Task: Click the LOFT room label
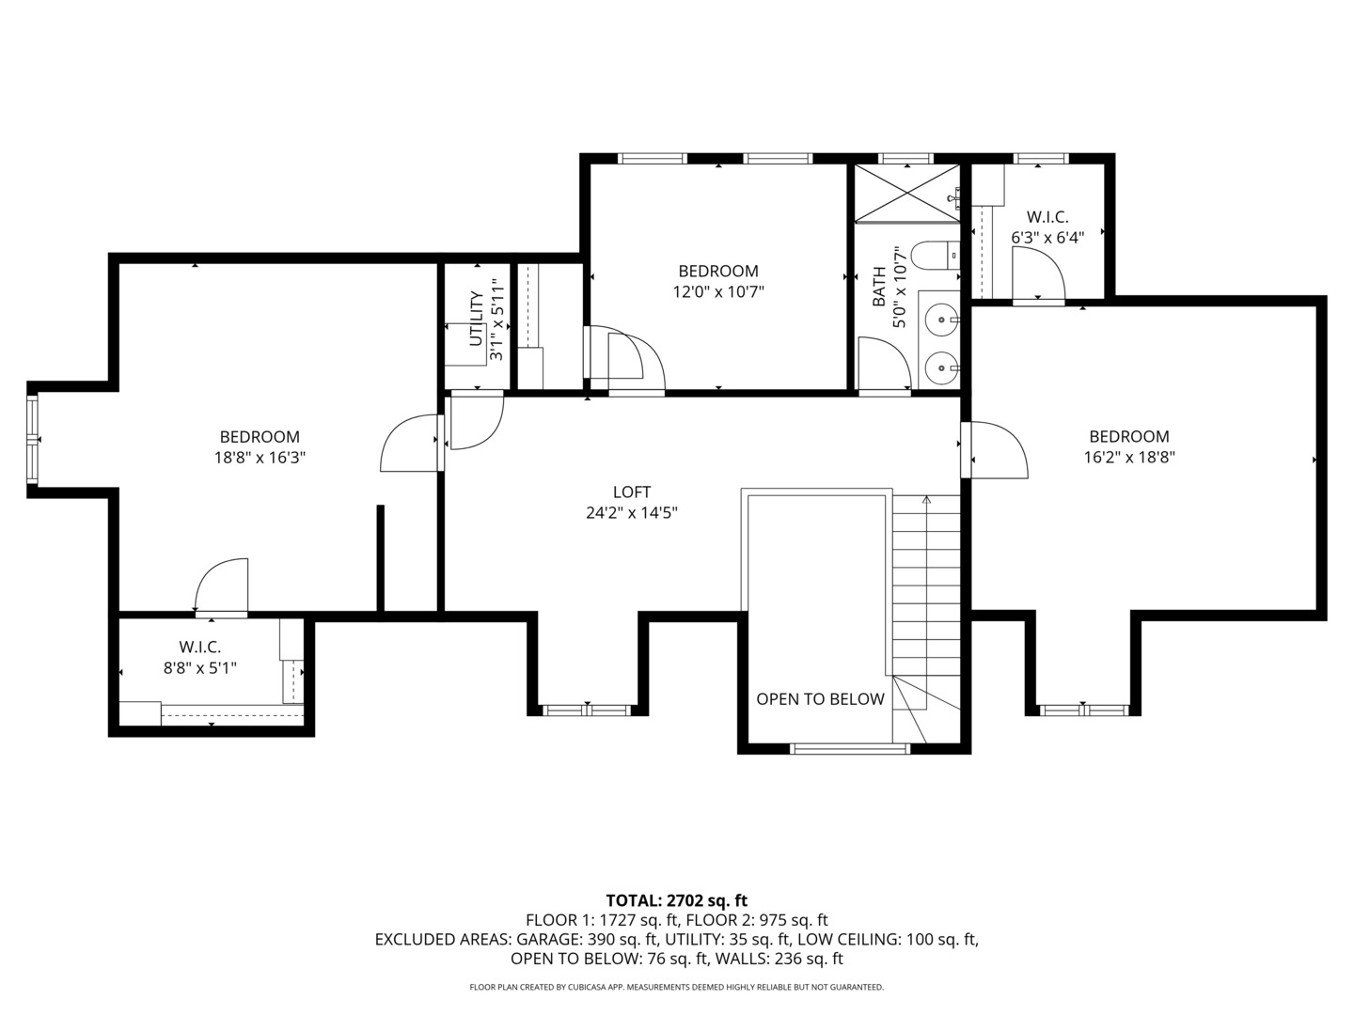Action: pos(631,492)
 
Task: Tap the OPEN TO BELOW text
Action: pos(820,699)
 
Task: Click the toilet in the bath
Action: pos(937,256)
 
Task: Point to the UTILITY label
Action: pos(477,319)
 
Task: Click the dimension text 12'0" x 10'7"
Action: pos(717,292)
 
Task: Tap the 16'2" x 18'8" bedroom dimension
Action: pos(1128,458)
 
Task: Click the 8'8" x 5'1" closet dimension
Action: pos(199,668)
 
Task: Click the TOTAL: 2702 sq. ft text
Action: pos(676,900)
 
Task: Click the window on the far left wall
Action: pos(32,440)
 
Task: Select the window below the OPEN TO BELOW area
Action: pos(849,749)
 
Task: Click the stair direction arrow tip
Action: pos(926,499)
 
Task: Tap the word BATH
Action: pos(879,288)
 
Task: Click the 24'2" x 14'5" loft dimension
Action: pos(631,513)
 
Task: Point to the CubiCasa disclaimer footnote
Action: pos(676,988)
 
